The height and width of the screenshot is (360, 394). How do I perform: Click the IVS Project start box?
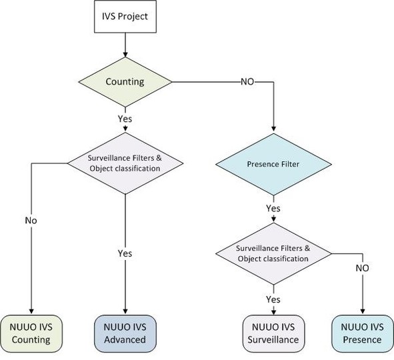[125, 16]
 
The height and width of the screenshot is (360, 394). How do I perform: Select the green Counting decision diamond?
[125, 82]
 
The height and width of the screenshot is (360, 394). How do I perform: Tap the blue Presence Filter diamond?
[273, 164]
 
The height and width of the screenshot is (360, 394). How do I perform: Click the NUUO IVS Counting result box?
[31, 333]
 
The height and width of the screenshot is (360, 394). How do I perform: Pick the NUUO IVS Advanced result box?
[125, 333]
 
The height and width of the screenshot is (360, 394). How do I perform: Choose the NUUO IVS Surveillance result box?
[273, 333]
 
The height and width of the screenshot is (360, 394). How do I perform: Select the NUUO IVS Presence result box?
[363, 333]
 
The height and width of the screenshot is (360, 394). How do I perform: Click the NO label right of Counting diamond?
[247, 81]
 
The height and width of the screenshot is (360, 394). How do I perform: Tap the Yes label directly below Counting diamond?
[125, 119]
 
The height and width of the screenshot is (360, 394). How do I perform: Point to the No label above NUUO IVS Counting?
[31, 221]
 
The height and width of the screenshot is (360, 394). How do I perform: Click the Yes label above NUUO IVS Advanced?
[125, 253]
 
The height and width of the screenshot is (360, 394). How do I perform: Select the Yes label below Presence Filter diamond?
[273, 208]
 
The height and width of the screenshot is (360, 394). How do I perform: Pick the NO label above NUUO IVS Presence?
[363, 268]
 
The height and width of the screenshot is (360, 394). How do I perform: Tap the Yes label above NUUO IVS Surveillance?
[273, 299]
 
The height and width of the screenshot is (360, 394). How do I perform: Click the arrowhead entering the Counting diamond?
[125, 55]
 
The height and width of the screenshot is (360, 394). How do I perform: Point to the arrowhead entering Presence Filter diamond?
[273, 129]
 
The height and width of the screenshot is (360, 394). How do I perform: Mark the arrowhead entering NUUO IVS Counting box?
[31, 311]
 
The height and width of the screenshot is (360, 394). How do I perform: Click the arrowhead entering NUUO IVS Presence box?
[363, 311]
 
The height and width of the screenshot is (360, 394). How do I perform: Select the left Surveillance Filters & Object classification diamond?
[125, 163]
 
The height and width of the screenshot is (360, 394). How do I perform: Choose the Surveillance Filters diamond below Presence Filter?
[273, 254]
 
